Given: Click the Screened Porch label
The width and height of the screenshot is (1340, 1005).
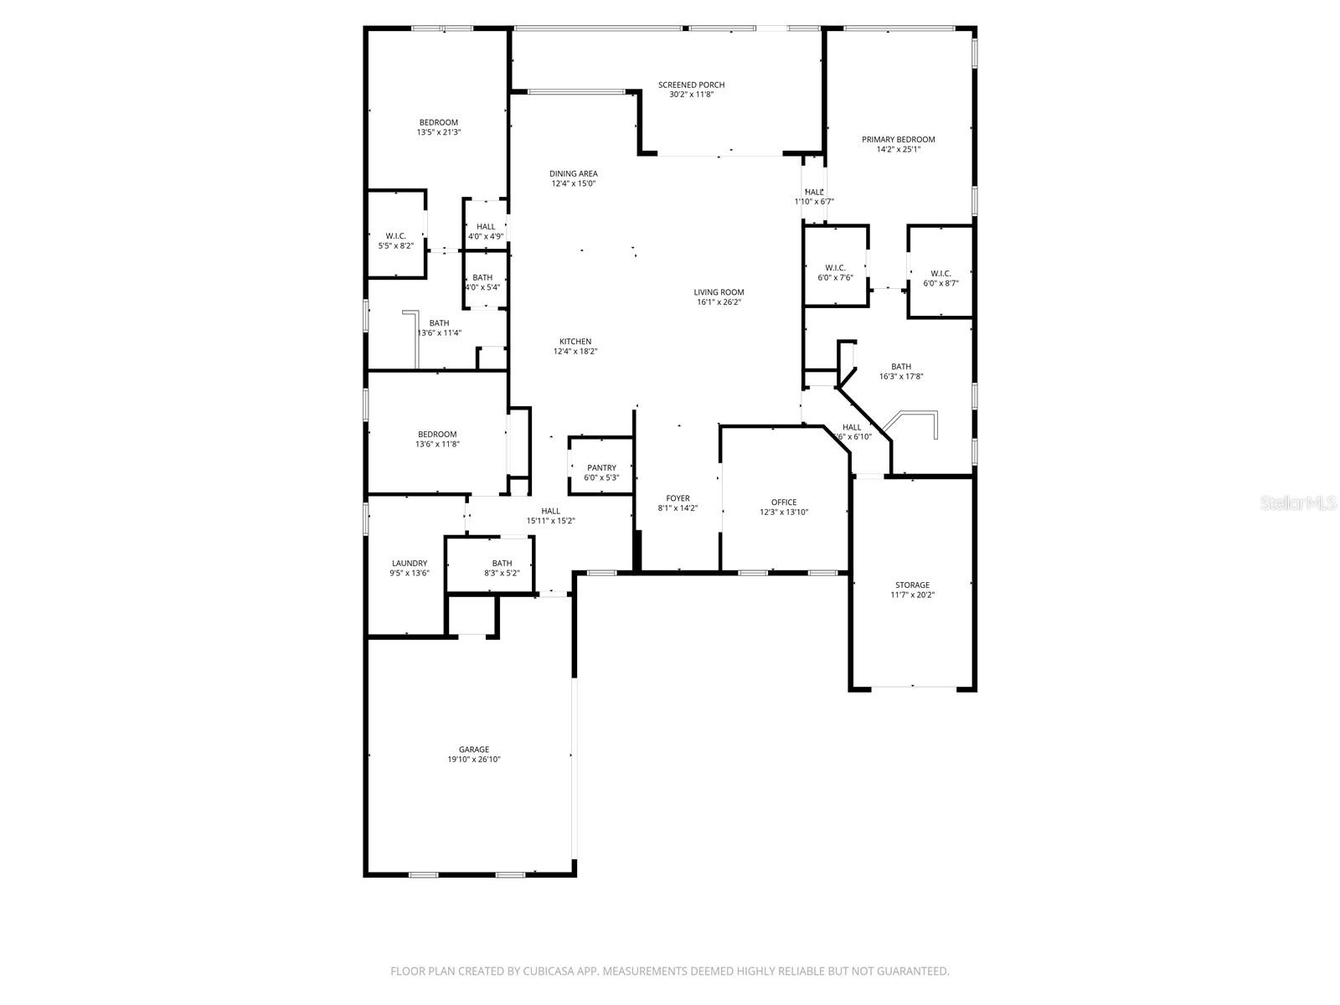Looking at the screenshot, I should coord(691,85).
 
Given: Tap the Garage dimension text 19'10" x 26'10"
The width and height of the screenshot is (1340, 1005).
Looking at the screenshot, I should coord(474,760).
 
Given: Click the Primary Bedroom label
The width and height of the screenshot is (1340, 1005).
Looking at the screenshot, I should coord(898,139).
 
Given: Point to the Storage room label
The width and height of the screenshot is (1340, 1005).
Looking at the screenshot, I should coord(912,585).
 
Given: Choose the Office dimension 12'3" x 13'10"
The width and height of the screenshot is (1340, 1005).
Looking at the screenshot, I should coord(784,513).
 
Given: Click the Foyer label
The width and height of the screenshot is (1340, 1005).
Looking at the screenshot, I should coord(678,498).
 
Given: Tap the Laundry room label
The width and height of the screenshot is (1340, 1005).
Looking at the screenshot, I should coord(409,564).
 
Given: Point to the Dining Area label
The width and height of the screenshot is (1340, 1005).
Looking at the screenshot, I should coord(574,173).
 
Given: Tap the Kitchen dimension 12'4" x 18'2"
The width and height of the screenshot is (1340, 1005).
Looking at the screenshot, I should coord(575,352).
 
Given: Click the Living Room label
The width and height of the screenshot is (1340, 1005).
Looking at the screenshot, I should coord(719,292).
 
